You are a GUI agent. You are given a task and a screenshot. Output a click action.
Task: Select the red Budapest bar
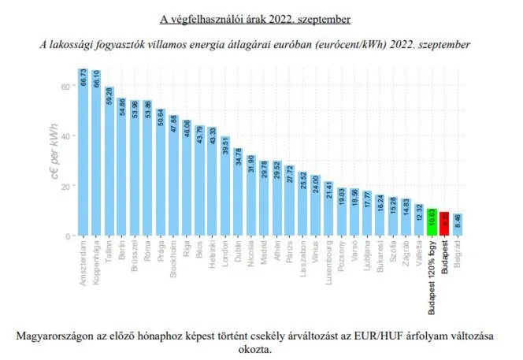coord(445,224)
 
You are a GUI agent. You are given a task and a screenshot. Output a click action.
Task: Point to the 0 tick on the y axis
coord(69,236)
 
